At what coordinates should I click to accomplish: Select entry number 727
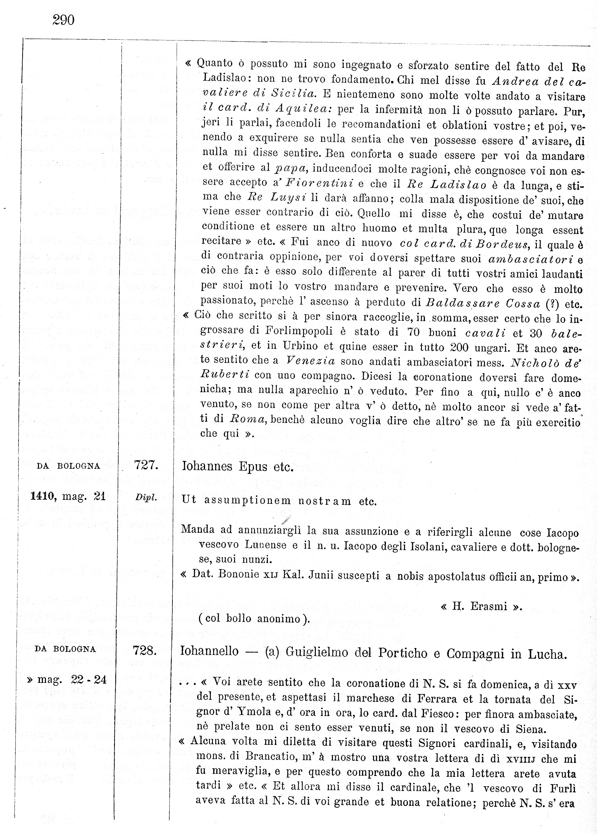(x=146, y=465)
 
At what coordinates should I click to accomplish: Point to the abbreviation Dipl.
(x=146, y=498)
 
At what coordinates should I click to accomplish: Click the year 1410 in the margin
(x=43, y=497)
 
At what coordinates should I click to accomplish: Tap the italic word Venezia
(x=311, y=361)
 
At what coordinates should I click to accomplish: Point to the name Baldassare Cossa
(x=483, y=304)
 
